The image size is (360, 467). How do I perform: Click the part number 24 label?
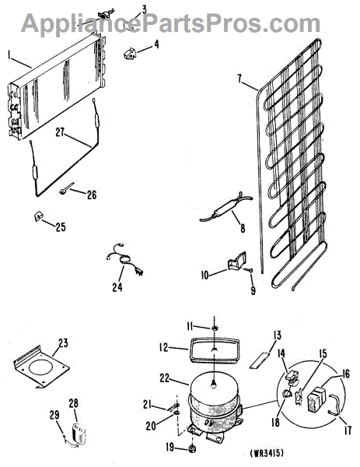pos(117,287)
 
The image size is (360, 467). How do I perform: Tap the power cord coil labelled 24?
pos(124,258)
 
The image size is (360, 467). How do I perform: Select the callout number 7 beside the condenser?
pos(239,79)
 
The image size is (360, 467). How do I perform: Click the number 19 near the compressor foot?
pos(170,448)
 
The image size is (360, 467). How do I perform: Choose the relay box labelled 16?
pos(316,399)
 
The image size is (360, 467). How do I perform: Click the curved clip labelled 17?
pos(335,404)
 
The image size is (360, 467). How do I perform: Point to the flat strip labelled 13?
pos(260,360)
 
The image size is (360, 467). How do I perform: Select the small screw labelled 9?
pos(250,270)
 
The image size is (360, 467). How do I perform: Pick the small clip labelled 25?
pos(38,216)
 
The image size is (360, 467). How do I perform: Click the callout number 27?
pos(60,132)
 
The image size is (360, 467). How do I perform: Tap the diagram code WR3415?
pos(267,454)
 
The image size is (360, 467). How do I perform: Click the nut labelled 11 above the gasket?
pos(215,328)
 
